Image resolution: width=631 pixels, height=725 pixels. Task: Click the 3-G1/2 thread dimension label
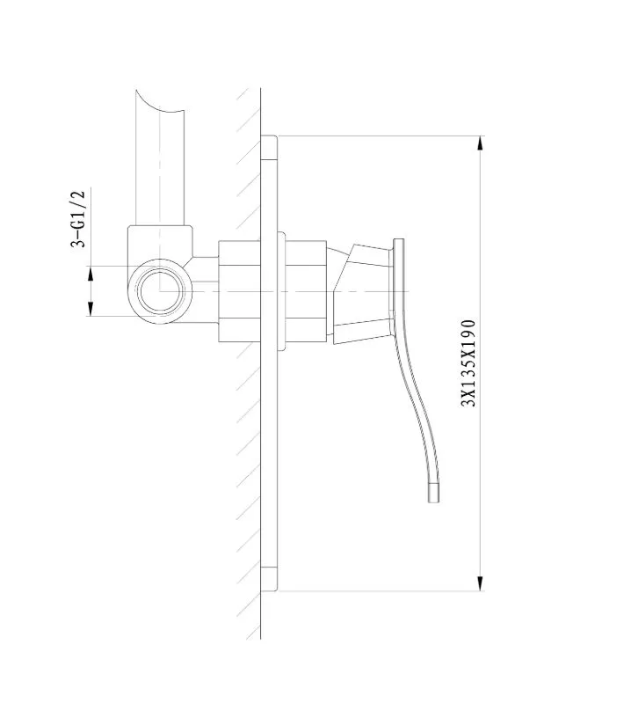78,219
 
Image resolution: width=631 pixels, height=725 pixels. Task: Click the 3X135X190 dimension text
468,363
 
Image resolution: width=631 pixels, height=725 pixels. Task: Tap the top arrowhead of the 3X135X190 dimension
481,143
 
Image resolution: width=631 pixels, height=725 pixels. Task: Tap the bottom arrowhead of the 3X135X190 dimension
481,583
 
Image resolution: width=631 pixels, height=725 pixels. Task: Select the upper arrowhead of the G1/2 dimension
91,274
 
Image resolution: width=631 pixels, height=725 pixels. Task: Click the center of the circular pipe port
159,291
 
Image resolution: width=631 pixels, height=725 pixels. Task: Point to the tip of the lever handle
433,502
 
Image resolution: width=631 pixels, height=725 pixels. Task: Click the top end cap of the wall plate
269,148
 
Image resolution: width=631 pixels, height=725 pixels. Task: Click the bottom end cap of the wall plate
269,579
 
